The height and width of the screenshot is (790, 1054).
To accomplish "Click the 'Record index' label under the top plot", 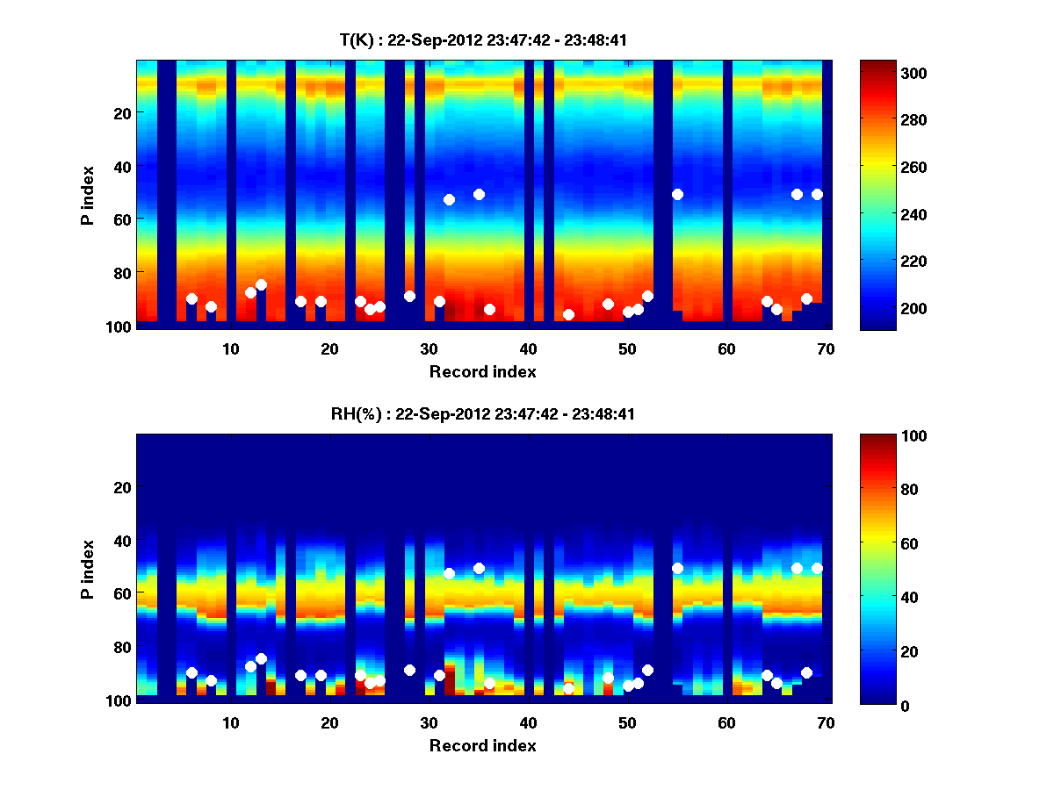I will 482,371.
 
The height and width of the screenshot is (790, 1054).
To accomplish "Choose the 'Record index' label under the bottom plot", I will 482,745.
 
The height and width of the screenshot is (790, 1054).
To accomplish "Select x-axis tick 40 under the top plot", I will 528,348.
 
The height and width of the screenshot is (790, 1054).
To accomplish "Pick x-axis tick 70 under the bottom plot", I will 826,722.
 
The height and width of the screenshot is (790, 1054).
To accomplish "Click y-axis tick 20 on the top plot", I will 122,113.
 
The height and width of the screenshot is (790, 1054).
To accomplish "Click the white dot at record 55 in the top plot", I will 677,194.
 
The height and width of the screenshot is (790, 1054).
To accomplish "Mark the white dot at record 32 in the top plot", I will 449,199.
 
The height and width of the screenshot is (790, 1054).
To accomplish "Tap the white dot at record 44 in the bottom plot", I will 568,688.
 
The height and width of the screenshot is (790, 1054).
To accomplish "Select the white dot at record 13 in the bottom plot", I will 261,658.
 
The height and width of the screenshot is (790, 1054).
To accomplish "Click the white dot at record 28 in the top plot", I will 409,296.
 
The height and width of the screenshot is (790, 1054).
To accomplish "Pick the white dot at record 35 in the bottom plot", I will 479,568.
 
